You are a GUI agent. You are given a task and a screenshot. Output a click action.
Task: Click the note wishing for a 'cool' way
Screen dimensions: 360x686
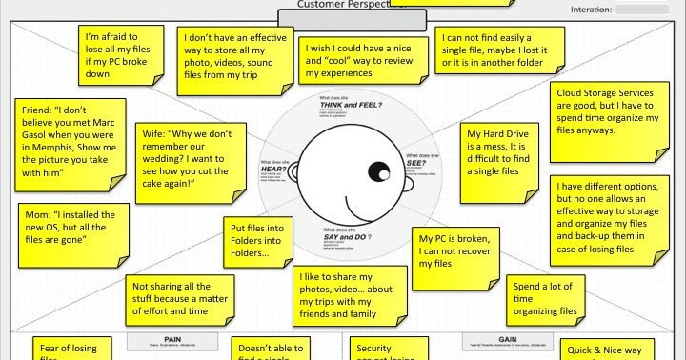(x=359, y=62)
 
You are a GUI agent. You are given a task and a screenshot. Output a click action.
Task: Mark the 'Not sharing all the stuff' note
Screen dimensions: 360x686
(x=183, y=298)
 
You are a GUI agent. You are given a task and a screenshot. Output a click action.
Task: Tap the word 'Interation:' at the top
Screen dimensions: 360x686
(x=591, y=10)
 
